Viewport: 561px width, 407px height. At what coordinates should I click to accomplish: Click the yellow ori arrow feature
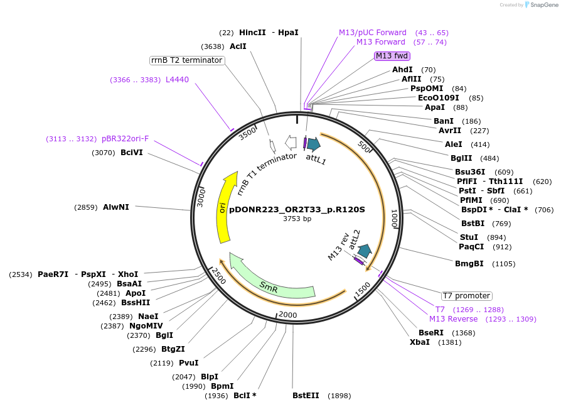[x=224, y=207]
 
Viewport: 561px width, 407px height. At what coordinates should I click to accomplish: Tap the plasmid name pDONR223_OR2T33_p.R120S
[x=297, y=209]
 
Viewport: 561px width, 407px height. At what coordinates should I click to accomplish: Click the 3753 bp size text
[x=297, y=219]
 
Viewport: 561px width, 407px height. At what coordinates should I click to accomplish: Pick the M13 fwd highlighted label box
[x=392, y=56]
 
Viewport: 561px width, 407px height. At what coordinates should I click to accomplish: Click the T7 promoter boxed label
[x=466, y=296]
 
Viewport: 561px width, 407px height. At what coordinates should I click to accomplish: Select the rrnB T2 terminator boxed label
[x=187, y=60]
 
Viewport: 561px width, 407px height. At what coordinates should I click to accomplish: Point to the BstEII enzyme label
[x=306, y=396]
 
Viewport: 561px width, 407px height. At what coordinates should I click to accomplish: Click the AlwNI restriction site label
[x=116, y=207]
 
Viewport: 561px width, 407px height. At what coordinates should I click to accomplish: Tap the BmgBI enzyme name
[x=469, y=264]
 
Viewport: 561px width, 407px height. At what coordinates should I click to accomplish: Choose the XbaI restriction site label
[x=420, y=342]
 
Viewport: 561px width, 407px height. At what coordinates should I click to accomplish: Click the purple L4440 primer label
[x=177, y=80]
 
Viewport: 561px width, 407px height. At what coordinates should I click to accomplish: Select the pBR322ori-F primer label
[x=125, y=139]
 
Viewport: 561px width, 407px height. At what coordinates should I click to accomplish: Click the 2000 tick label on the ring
[x=287, y=315]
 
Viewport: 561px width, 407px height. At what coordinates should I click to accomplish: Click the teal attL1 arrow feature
[x=313, y=144]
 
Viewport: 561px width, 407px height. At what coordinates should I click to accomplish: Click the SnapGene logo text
[x=543, y=5]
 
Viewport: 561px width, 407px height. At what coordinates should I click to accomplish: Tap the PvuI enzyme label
[x=188, y=362]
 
